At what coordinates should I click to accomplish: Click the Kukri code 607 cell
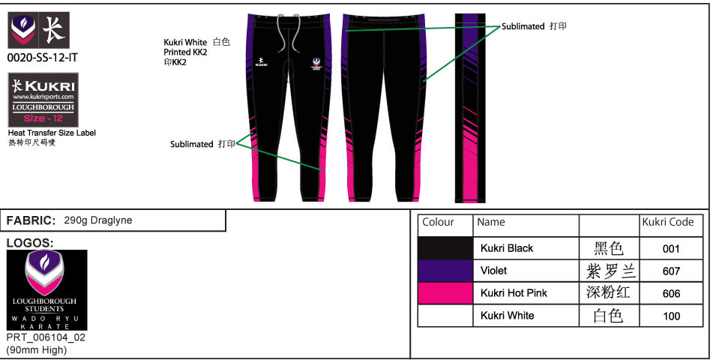(672, 271)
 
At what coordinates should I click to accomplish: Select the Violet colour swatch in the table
(445, 271)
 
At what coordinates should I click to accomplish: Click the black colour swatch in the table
(445, 248)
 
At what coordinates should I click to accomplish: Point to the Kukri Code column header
(667, 222)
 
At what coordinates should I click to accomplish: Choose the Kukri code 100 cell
(672, 316)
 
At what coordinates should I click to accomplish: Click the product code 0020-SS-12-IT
(42, 57)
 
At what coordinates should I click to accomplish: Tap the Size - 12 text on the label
(44, 118)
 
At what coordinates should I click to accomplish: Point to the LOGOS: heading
(29, 243)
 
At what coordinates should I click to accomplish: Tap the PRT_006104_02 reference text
(46, 338)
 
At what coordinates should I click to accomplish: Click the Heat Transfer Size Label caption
(52, 133)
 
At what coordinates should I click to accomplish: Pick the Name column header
(491, 222)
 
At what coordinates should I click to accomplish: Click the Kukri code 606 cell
(672, 293)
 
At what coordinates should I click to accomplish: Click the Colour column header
(439, 222)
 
